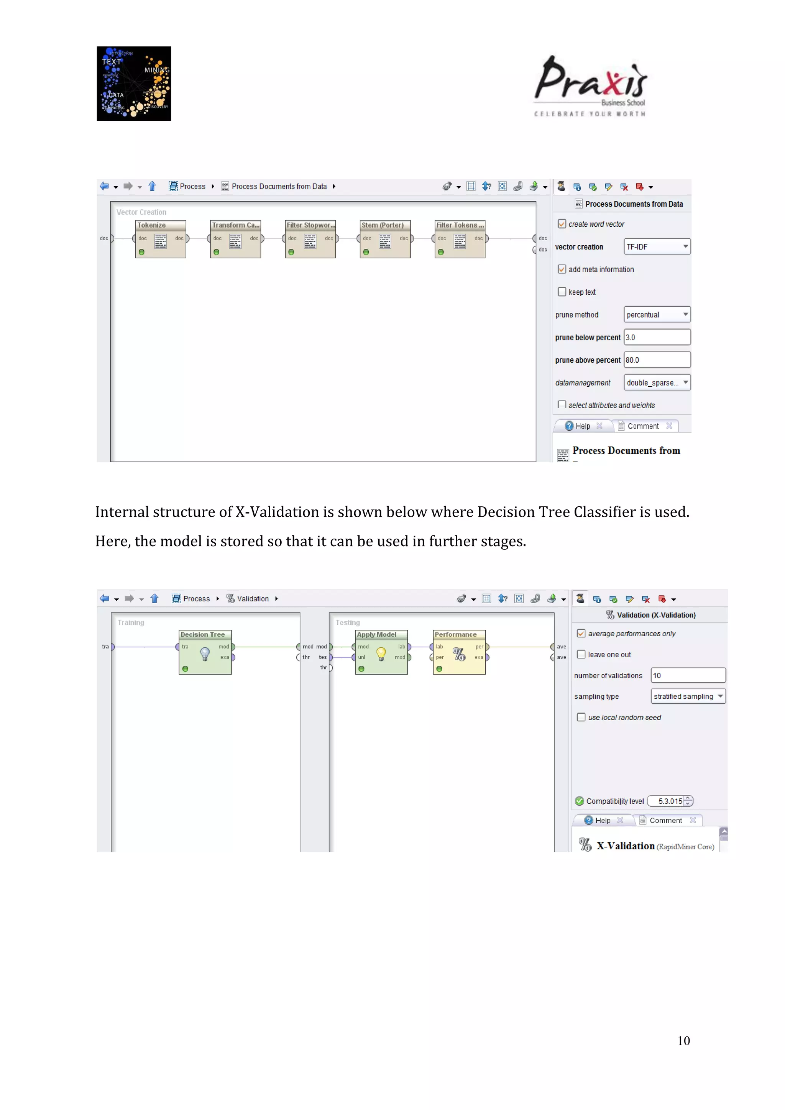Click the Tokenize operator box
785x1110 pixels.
click(161, 239)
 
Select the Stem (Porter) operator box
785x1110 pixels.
click(385, 239)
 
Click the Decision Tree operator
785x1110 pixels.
click(205, 652)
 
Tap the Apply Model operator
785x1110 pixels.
click(381, 652)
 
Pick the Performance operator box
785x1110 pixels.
click(459, 652)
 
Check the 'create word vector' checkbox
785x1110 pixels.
click(562, 224)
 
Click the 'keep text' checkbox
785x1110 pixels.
click(562, 292)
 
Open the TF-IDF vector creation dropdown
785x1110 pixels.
click(657, 246)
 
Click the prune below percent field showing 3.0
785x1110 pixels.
click(657, 337)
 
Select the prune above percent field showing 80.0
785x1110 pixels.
click(657, 360)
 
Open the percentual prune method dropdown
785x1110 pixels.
click(657, 314)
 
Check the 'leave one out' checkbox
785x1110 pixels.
click(581, 654)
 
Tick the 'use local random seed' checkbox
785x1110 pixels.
click(581, 717)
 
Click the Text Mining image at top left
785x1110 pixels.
click(134, 84)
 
